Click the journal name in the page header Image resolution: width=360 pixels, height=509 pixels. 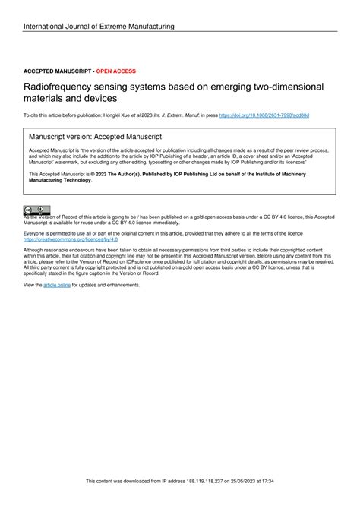pos(99,27)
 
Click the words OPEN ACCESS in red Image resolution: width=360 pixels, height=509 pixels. pos(116,71)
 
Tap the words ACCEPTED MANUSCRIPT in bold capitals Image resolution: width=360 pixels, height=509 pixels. pos(57,71)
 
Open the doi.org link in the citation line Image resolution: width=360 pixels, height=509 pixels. pos(264,115)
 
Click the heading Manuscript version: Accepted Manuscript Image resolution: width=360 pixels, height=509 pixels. pos(95,137)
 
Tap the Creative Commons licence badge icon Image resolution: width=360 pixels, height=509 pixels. pos(36,210)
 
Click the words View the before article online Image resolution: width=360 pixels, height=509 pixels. pos(33,285)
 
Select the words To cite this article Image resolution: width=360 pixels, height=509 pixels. pos(46,115)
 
